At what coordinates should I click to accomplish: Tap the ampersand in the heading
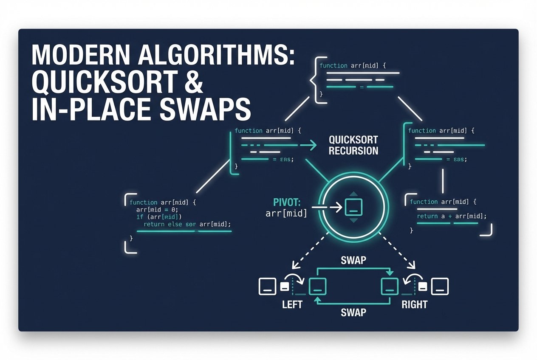pos(192,82)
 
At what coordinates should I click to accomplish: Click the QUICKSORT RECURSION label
pos(353,145)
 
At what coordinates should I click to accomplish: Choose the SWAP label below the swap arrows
pos(353,312)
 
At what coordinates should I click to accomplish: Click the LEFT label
pos(292,304)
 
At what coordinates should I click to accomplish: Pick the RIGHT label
pos(414,304)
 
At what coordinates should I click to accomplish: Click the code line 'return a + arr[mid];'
pos(451,216)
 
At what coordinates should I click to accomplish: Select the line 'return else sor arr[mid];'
pos(187,224)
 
